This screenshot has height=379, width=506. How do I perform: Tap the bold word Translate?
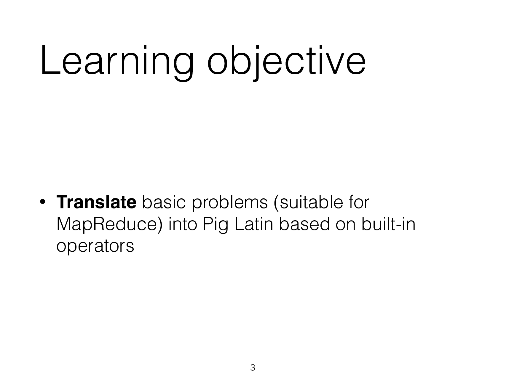point(96,203)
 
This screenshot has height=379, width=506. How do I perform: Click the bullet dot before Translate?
point(42,203)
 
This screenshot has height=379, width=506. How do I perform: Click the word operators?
point(95,246)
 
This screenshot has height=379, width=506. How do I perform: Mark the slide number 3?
point(253,368)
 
